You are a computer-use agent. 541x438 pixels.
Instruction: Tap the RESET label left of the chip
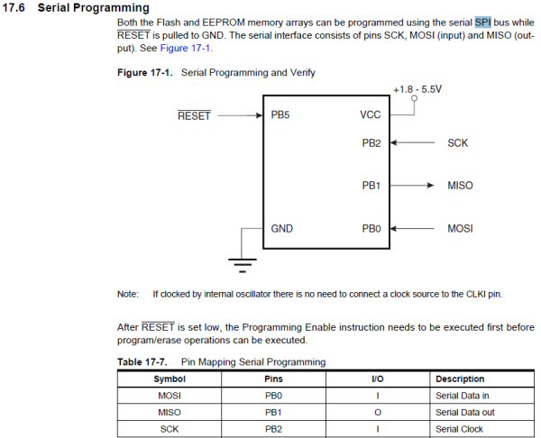[x=193, y=115]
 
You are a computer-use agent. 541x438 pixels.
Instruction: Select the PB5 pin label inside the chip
[x=280, y=115]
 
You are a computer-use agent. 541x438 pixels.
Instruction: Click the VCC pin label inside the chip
[x=371, y=115]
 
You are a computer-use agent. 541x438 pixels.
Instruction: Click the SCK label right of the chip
[x=457, y=142]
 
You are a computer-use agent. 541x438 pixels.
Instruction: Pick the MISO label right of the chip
[x=460, y=186]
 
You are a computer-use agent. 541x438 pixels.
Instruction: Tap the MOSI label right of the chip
[x=460, y=229]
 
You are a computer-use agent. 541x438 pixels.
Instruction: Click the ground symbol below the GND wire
[x=240, y=262]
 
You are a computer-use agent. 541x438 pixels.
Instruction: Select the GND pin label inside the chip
[x=282, y=229]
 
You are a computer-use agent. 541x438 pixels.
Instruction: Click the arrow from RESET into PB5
[x=239, y=115]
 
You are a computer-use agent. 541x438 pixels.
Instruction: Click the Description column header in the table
[x=460, y=379]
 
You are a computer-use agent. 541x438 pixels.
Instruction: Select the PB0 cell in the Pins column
[x=273, y=396]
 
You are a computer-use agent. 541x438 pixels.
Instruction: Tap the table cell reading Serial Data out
[x=467, y=412]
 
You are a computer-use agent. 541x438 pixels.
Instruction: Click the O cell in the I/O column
[x=377, y=412]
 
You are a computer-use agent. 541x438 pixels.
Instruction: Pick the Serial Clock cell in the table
[x=460, y=429]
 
